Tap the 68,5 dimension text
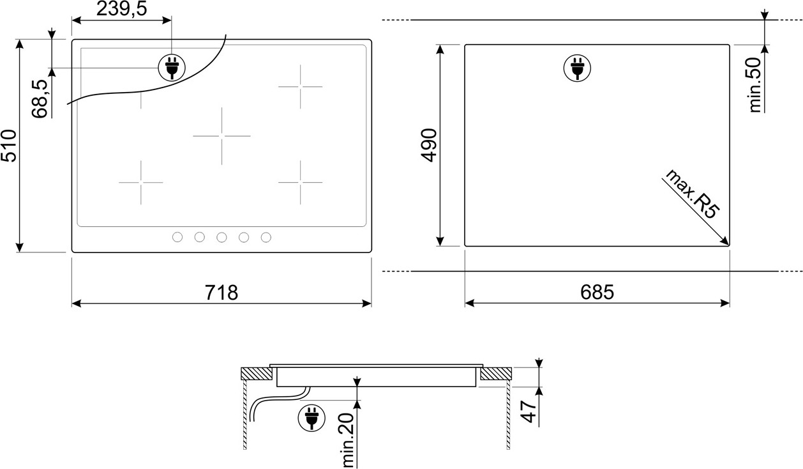click(x=40, y=98)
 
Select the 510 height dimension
click(x=8, y=146)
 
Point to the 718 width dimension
click(x=221, y=293)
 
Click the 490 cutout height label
click(x=429, y=145)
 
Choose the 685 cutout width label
click(x=597, y=292)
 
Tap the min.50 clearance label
click(x=754, y=85)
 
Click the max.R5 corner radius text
click(x=692, y=194)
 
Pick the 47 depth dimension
click(x=529, y=411)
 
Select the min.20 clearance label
click(x=348, y=440)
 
